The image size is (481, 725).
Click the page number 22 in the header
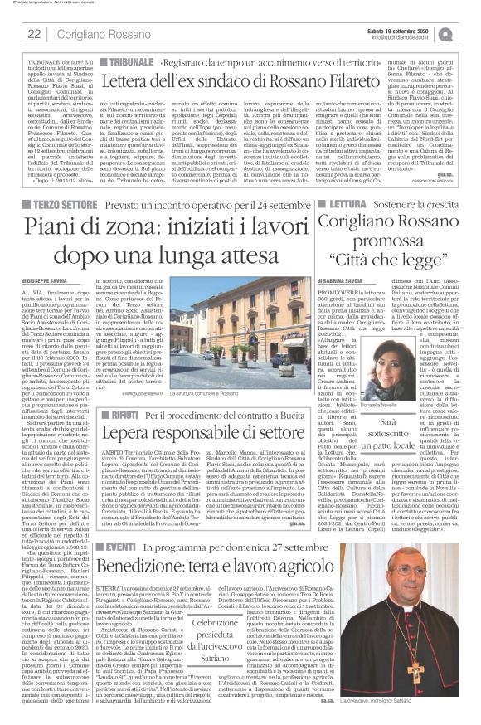(x=34, y=34)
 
